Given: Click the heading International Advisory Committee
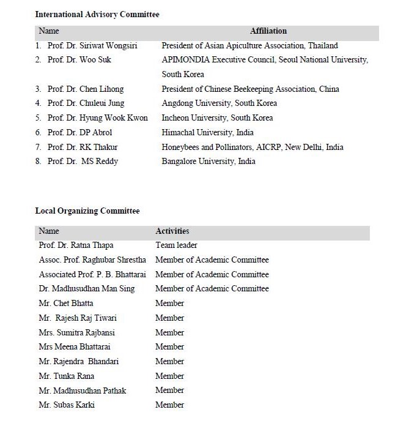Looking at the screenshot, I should [97, 14].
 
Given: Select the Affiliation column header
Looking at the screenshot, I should [268, 31].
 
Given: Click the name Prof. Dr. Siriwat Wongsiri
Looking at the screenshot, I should [93, 46].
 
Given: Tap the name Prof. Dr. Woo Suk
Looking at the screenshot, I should [79, 60].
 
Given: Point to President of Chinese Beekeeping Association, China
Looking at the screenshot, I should [250, 89].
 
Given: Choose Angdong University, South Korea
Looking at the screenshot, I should [219, 103].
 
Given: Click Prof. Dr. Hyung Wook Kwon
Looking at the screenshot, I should [98, 118].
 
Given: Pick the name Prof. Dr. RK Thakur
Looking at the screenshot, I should [83, 148].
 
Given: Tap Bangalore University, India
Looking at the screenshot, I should [208, 162].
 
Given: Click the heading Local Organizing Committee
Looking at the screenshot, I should [87, 211].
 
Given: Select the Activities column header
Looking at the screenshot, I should [172, 231].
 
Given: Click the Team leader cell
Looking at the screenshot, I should [177, 245].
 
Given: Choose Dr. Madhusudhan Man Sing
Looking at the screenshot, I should [87, 289].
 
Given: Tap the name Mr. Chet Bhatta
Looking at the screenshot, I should [66, 304].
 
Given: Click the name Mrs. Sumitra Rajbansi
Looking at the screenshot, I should [76, 333].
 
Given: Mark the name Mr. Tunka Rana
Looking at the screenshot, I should [66, 376].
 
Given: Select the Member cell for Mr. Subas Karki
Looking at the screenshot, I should [169, 405].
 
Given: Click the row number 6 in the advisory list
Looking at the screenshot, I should [38, 133].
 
